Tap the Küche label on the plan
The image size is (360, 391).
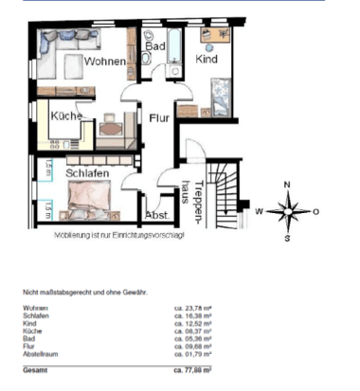point(67,117)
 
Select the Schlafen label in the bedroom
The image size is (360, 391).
point(87,173)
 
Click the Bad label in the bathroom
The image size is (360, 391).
point(154,44)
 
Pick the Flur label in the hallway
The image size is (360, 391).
point(158,118)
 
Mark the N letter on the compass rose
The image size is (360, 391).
point(288,185)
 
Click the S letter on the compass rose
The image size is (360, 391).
point(288,238)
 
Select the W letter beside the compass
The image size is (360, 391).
point(258,212)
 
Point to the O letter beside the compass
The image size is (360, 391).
point(316,211)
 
